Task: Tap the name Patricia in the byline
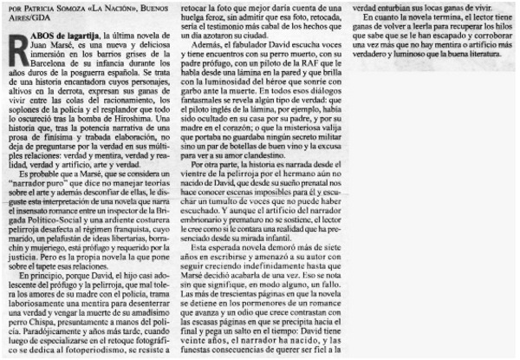[38, 7]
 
